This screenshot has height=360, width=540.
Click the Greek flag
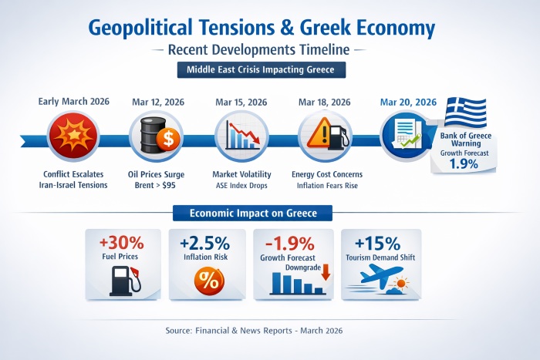pos(465,113)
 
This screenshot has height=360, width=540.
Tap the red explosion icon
pos(73,136)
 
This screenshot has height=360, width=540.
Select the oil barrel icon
pos(153,135)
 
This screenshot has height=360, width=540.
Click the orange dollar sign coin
pos(168,140)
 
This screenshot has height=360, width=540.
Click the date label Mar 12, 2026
pos(158,103)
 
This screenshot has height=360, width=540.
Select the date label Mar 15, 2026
pos(241,103)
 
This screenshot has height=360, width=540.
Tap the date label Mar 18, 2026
pos(325,103)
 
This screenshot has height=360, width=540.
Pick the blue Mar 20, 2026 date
pos(408,103)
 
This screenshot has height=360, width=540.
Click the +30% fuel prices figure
pos(122,243)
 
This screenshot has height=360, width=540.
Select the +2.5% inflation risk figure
pos(205,243)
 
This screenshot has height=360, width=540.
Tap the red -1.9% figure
pos(289,244)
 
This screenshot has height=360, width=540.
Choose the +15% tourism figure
pos(377,244)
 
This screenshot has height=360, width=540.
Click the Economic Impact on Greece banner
pos(252,213)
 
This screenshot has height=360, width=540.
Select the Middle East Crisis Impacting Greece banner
pos(261,70)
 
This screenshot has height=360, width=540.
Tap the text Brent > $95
pos(155,185)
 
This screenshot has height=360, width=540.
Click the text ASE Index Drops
pos(241,186)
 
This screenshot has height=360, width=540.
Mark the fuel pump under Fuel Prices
pos(125,281)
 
